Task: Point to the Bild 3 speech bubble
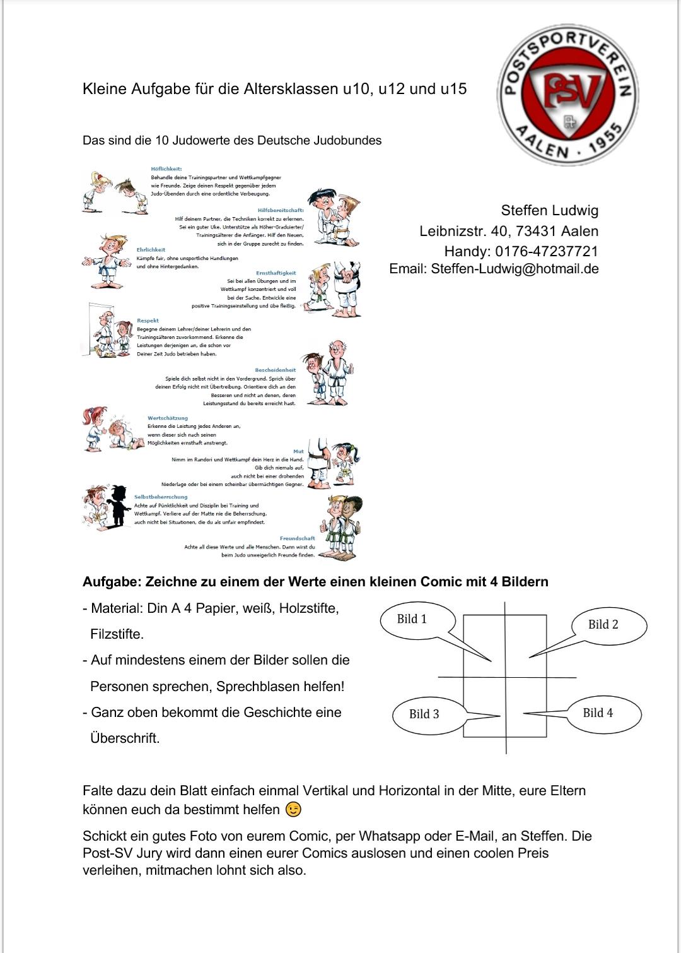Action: (424, 714)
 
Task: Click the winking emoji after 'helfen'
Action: (293, 810)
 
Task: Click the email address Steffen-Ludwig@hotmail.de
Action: (515, 269)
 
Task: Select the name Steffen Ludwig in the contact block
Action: (549, 211)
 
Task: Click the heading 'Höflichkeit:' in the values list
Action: (166, 169)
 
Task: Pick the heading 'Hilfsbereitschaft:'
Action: (281, 210)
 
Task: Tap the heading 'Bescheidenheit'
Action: (275, 370)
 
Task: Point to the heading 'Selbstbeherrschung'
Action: (161, 497)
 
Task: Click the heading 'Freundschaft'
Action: (297, 538)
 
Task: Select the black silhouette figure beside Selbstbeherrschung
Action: (117, 505)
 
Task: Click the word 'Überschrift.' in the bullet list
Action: (125, 738)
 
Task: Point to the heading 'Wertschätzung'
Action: (168, 418)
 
